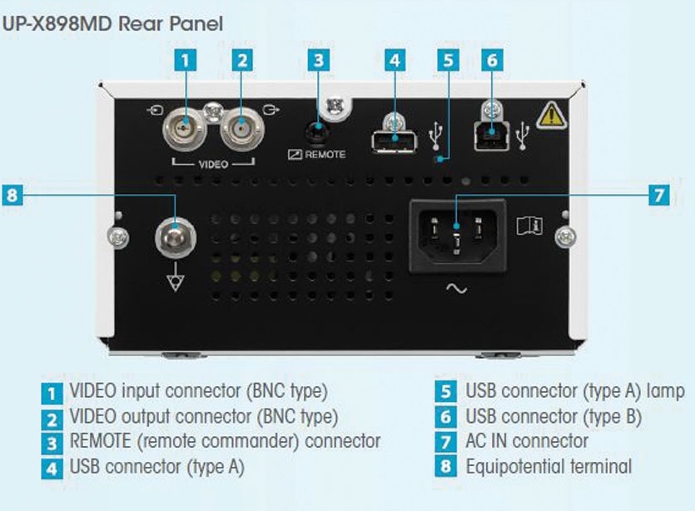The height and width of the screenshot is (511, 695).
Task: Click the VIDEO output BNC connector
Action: pyautogui.click(x=242, y=131)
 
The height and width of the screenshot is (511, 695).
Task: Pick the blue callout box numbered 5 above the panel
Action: pyautogui.click(x=448, y=60)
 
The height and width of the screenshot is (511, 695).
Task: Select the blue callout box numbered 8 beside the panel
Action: pyautogui.click(x=12, y=196)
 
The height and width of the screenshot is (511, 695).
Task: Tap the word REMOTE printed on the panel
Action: pyautogui.click(x=324, y=155)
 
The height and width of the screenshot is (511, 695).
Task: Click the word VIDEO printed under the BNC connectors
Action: pyautogui.click(x=212, y=164)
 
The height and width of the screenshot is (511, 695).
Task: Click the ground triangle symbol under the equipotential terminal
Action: pyautogui.click(x=175, y=281)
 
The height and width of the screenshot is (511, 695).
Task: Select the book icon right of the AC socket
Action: pyautogui.click(x=529, y=226)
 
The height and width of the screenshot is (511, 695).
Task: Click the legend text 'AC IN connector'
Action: pyautogui.click(x=527, y=441)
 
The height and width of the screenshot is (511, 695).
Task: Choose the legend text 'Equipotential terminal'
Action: pyautogui.click(x=549, y=466)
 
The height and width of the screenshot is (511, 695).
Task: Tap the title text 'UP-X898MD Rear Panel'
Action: pyautogui.click(x=112, y=22)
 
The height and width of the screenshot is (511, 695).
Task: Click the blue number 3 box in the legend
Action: pyautogui.click(x=52, y=442)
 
